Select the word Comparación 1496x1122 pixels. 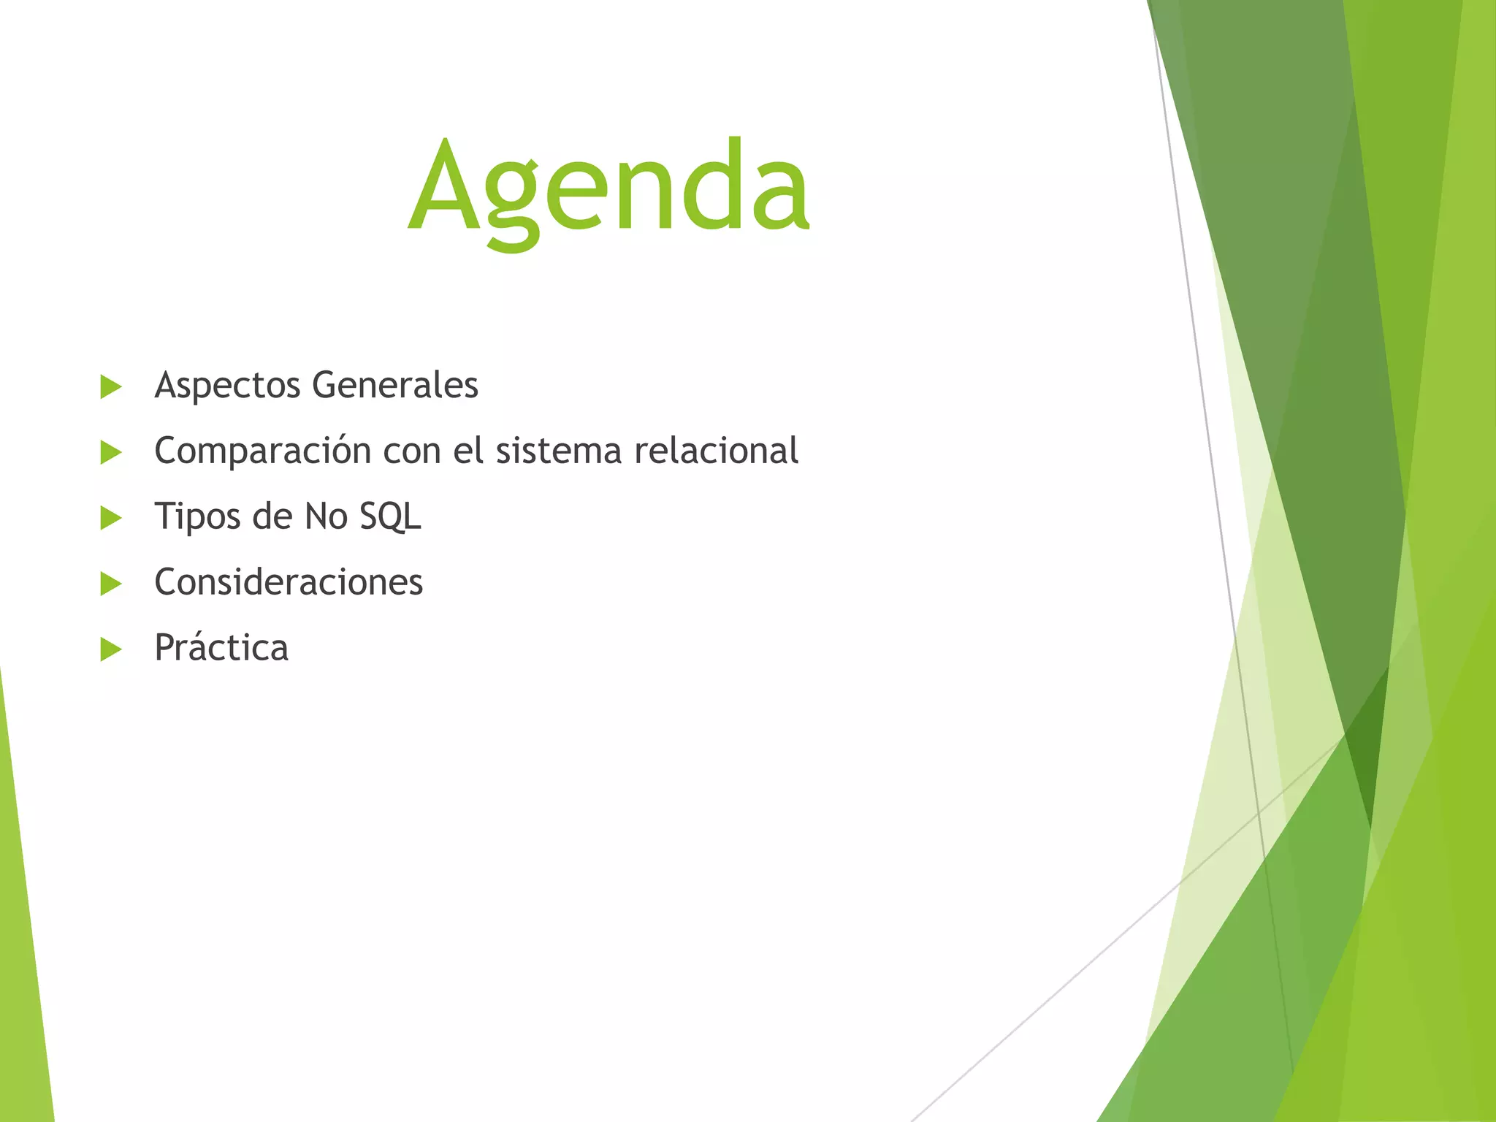(x=262, y=451)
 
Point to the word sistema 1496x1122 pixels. (x=558, y=451)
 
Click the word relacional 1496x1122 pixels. (x=716, y=451)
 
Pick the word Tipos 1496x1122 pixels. (x=197, y=517)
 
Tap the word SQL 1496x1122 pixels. (x=390, y=516)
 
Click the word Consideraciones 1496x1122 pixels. (x=289, y=582)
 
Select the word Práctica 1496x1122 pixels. (x=221, y=647)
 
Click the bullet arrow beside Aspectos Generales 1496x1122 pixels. (x=110, y=386)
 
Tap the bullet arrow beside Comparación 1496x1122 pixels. (x=110, y=452)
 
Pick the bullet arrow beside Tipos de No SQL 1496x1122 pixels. (x=110, y=518)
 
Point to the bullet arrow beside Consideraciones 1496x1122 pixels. (x=110, y=584)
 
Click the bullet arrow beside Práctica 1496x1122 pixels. (x=110, y=649)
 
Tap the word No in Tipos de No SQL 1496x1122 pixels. (x=326, y=516)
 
